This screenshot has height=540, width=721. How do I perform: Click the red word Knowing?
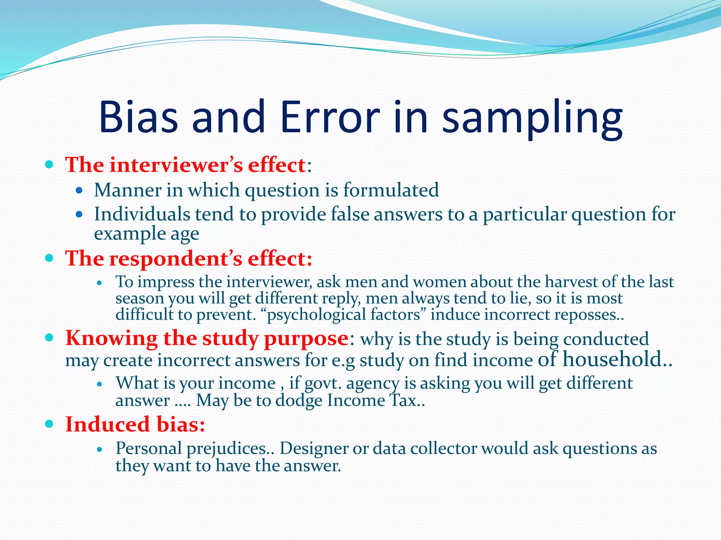pos(111,339)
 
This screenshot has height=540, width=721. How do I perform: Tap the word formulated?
pos(391,190)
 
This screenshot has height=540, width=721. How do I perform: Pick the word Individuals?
pos(142,214)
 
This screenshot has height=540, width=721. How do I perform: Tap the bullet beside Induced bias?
pos(49,424)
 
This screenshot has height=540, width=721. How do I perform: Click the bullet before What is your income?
pos(100,384)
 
